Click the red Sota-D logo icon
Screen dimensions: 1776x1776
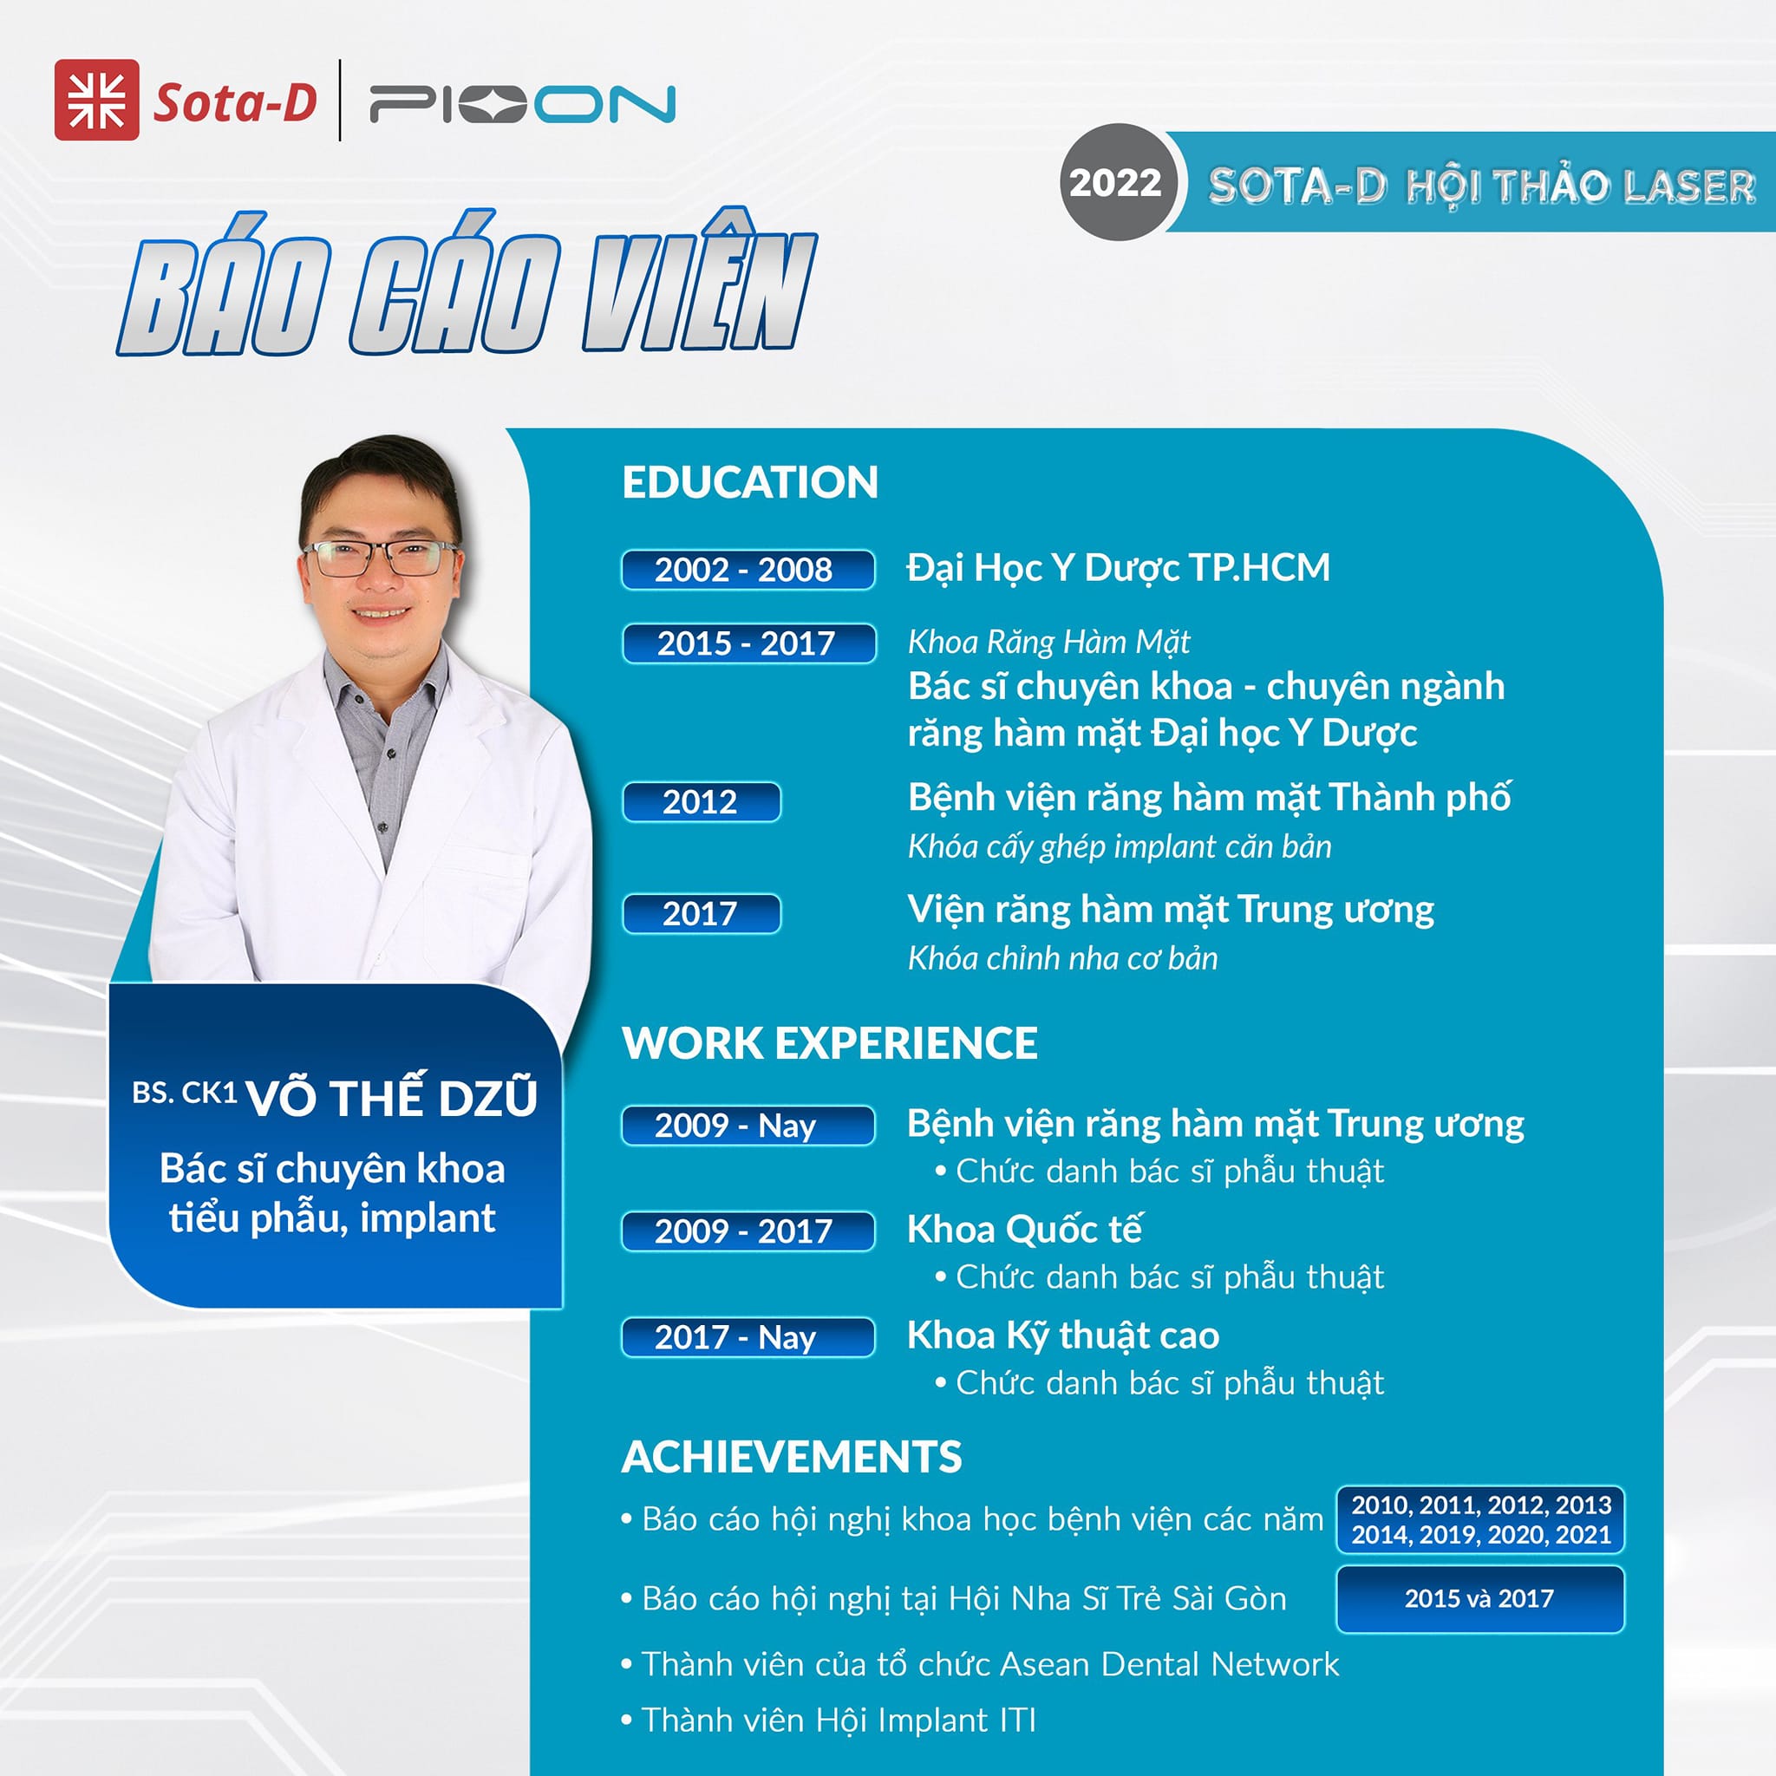(96, 101)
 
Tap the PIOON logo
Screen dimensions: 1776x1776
(522, 104)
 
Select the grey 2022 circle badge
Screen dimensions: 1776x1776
(1116, 183)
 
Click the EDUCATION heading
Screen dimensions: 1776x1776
(750, 483)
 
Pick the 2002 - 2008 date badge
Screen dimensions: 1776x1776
(748, 570)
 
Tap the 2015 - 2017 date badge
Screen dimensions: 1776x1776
(748, 643)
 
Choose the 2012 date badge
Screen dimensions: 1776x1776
(702, 801)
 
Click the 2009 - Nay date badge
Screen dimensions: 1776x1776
(748, 1125)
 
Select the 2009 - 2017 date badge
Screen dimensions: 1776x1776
(748, 1231)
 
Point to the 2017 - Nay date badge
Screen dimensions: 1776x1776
(748, 1336)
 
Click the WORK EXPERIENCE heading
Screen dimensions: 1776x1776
(830, 1043)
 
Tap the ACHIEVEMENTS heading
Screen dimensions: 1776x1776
(792, 1457)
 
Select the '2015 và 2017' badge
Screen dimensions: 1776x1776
(1480, 1598)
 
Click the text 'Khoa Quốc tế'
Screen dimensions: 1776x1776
(1025, 1229)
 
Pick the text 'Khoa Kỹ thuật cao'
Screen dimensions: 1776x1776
(1063, 1335)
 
